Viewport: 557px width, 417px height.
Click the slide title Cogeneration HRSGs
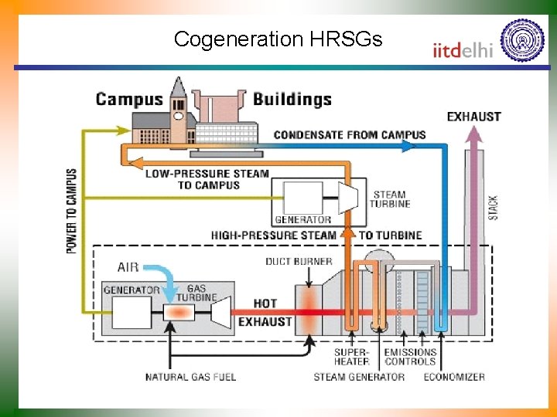pos(278,39)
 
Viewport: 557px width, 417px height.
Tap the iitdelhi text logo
pos(462,50)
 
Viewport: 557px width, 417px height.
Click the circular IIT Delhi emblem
pos(522,40)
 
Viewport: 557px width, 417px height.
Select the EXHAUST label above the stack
pos(473,117)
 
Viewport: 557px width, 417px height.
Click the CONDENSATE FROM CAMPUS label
pos(349,134)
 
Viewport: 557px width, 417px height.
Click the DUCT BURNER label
pos(299,262)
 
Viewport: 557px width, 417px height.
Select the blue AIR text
pos(128,267)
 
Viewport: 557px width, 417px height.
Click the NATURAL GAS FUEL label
pos(190,377)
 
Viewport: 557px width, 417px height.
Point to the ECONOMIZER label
pos(454,377)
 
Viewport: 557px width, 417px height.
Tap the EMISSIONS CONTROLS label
pos(410,357)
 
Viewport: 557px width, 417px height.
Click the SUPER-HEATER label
pos(351,357)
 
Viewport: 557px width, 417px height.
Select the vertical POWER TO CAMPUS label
pos(71,211)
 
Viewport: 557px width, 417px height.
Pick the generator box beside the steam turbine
pos(302,198)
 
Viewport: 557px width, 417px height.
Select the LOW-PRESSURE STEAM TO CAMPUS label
pos(208,179)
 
